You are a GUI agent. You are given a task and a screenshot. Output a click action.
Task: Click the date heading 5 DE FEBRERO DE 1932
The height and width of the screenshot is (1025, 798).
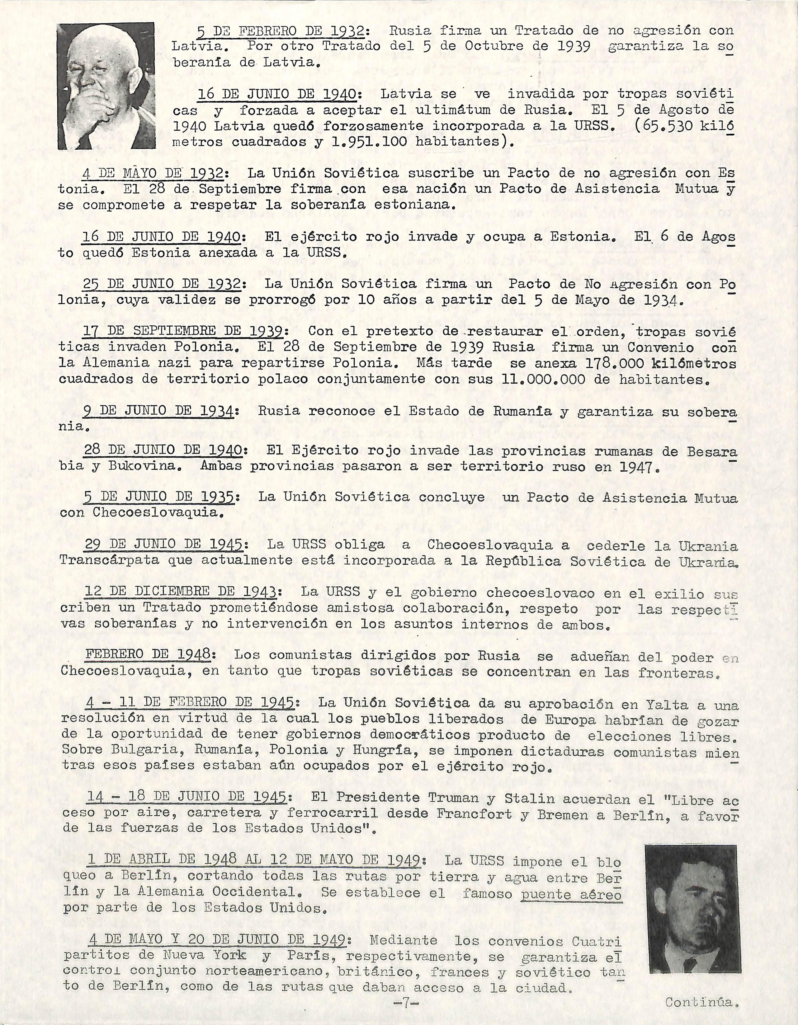280,31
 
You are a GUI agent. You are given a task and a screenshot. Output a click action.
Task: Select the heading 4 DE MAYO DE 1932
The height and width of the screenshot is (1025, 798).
153,173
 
